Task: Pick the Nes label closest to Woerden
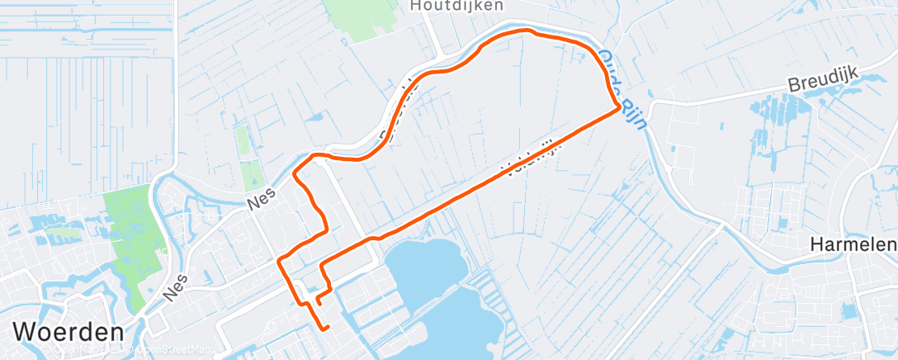tap(175, 284)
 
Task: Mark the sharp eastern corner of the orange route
tap(618, 107)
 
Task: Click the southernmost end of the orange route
tap(328, 328)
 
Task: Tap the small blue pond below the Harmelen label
tap(848, 310)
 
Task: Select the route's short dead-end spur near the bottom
tap(319, 300)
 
